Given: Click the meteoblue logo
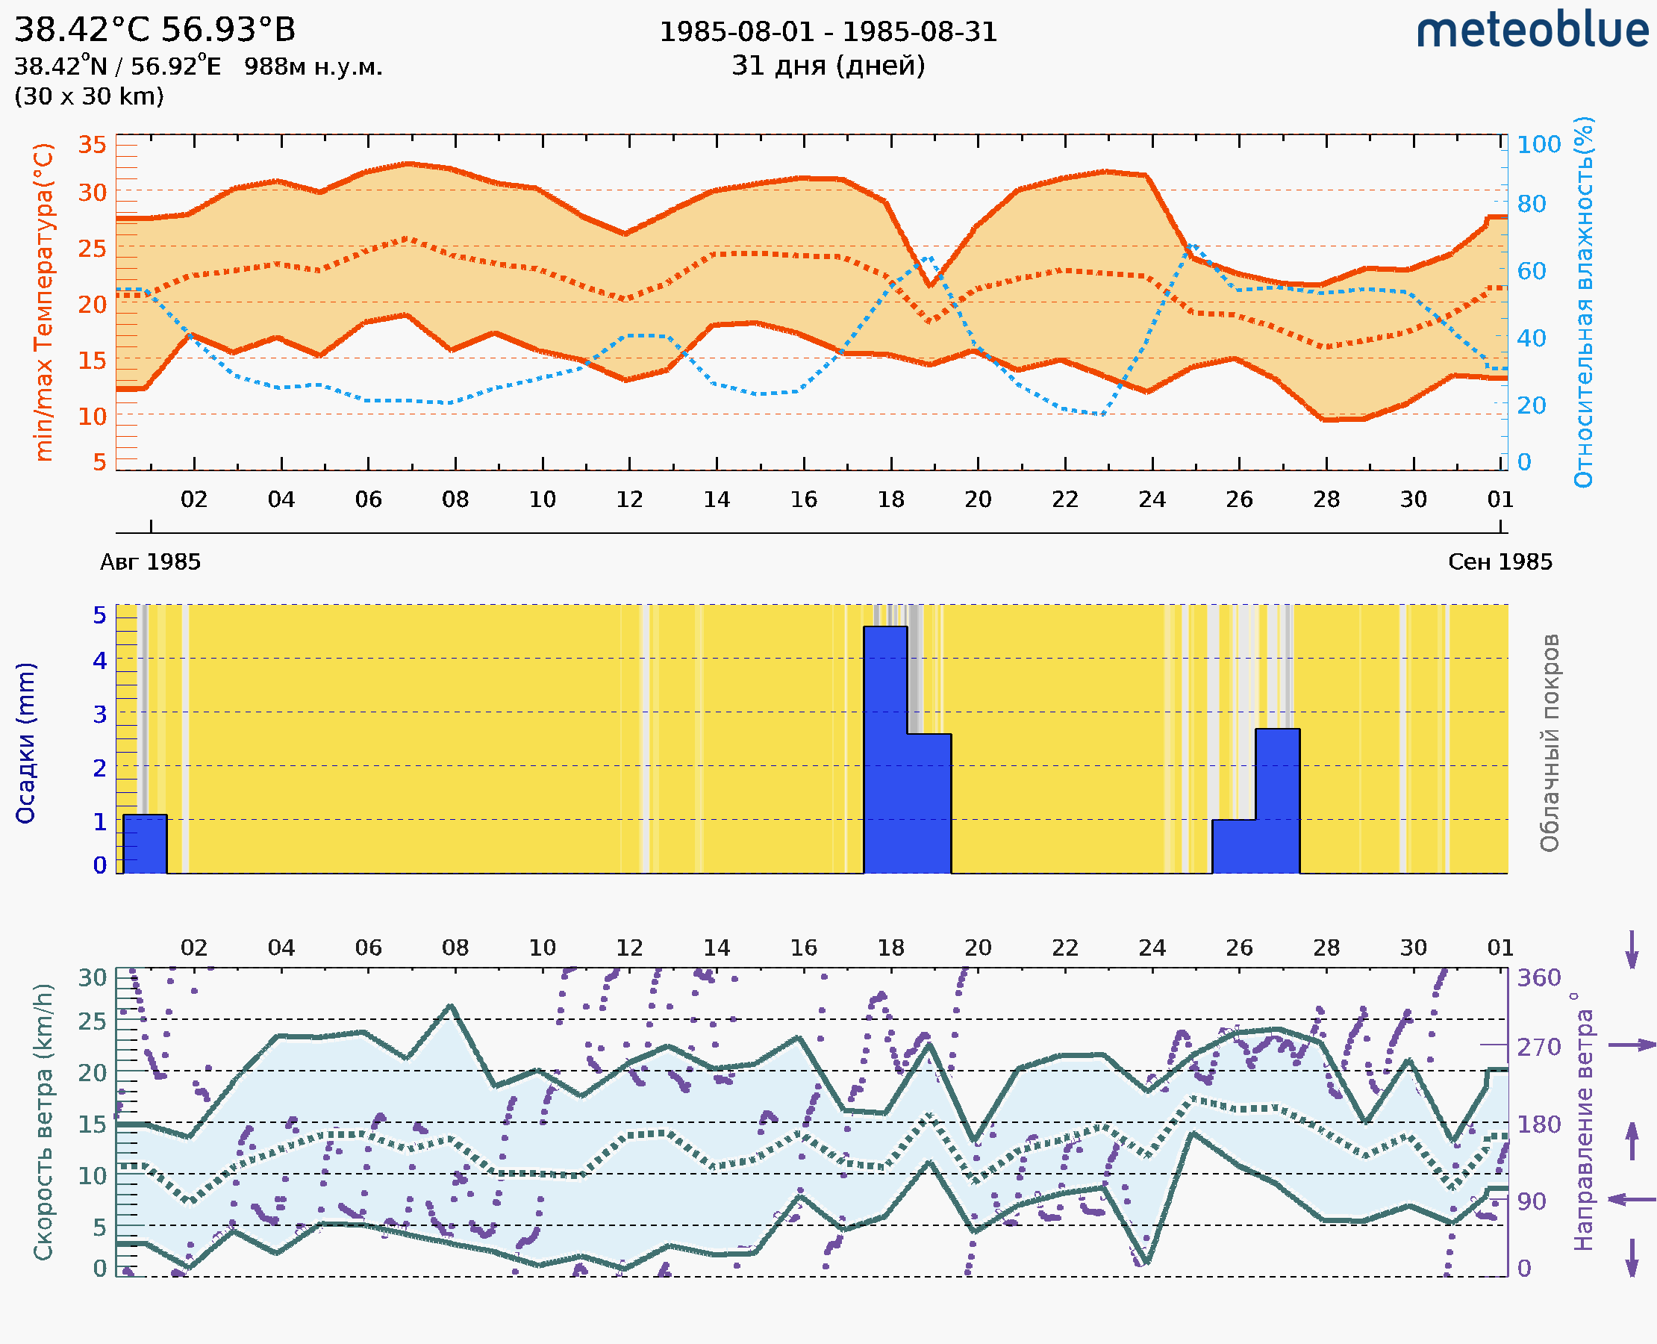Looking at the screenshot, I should [x=1532, y=31].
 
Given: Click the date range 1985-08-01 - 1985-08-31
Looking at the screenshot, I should [x=828, y=32].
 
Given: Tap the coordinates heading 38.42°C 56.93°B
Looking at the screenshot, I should [x=155, y=30].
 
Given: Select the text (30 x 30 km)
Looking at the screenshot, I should [x=89, y=96].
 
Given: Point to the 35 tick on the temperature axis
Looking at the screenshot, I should [x=92, y=145].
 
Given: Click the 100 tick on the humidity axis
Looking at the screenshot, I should [x=1538, y=145].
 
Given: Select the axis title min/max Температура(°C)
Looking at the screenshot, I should [x=44, y=302].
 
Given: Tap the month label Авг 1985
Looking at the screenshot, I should [x=150, y=561].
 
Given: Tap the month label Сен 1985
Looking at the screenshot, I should [x=1500, y=561].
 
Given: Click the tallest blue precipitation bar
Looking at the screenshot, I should [x=885, y=749].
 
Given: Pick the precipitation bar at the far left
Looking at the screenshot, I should [x=145, y=843].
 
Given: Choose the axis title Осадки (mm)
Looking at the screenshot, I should [x=25, y=743].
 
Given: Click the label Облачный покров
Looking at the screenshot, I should [x=1550, y=743].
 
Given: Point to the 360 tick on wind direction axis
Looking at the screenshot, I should [x=1538, y=978].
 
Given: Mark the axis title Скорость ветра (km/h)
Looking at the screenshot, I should [x=44, y=1121].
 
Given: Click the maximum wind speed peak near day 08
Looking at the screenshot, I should [x=452, y=1006].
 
